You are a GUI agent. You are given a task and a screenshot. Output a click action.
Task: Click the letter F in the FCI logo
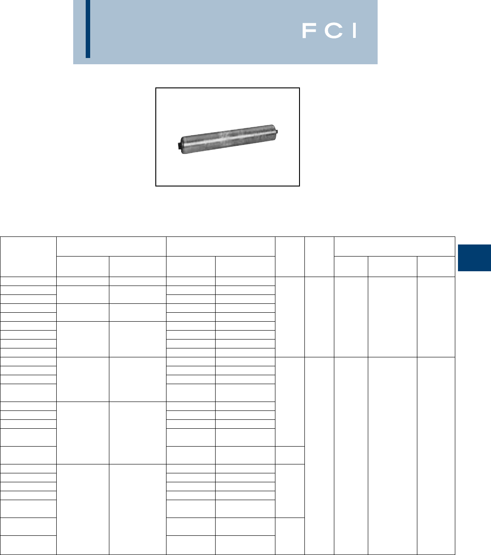point(309,30)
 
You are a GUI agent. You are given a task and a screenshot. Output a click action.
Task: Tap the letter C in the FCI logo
point(333,30)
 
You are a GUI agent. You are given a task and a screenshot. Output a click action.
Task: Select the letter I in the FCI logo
point(354,30)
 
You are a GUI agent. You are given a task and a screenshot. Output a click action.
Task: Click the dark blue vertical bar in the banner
point(88,29)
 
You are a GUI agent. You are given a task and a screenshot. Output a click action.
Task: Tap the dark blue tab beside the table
point(474,258)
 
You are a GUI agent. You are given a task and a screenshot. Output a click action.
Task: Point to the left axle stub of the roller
point(179,146)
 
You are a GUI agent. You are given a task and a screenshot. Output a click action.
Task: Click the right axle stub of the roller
point(276,132)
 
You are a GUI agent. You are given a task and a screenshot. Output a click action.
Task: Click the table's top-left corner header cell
point(28,257)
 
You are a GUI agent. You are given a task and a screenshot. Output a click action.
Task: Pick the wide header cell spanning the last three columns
point(395,247)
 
